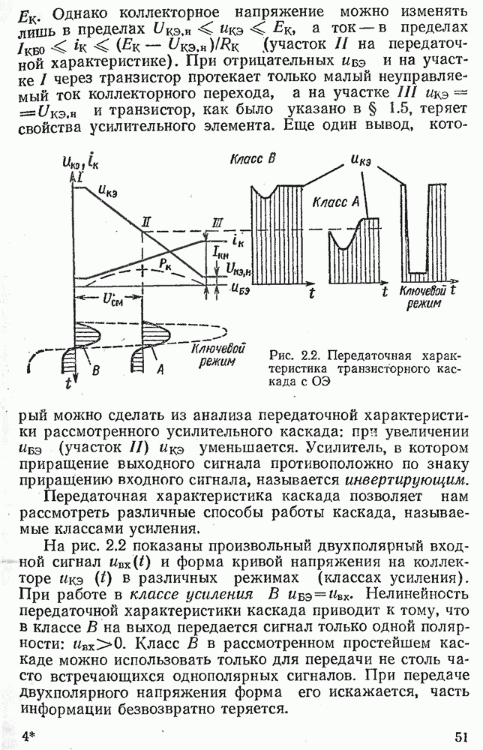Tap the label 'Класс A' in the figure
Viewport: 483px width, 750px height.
[x=336, y=202]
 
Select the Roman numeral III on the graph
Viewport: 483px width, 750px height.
[x=217, y=222]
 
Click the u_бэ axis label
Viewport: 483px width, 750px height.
[x=239, y=286]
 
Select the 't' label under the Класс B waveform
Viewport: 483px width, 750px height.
[x=310, y=293]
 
